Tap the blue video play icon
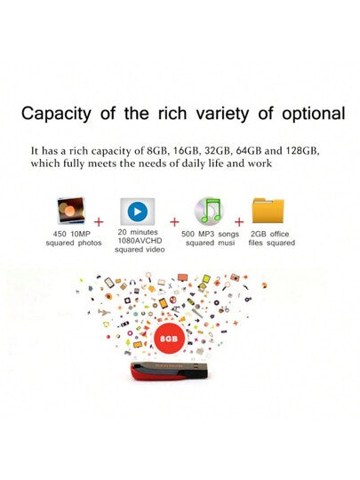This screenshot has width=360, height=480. tap(136, 212)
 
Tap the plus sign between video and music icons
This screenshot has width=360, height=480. tap(175, 219)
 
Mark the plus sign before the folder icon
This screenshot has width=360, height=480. tap(238, 219)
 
